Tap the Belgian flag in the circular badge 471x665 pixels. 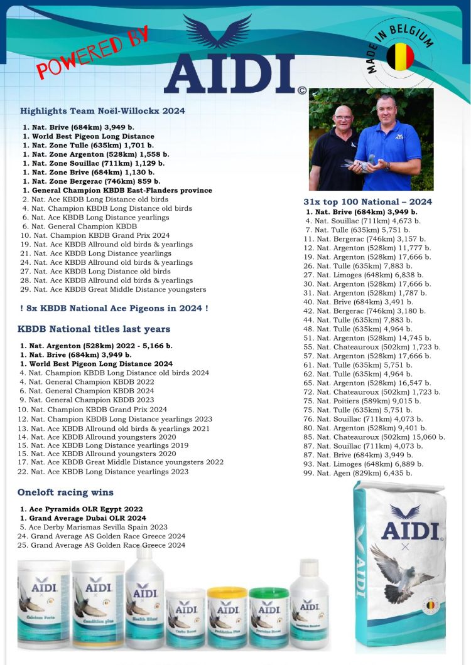click(x=400, y=57)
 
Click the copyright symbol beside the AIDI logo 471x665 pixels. click(x=302, y=90)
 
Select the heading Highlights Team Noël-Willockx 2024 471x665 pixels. click(x=102, y=111)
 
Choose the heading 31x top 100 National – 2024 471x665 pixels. click(x=367, y=201)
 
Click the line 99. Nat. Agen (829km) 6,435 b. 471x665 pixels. click(x=357, y=473)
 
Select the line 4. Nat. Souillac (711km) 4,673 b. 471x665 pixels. click(x=363, y=221)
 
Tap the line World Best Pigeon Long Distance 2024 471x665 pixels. click(x=96, y=364)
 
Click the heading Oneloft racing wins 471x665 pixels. click(x=65, y=492)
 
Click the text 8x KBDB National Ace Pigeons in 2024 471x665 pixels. click(x=114, y=308)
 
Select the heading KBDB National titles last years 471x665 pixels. click(x=94, y=329)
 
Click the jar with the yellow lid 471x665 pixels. click(x=227, y=618)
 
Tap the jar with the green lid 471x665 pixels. click(x=269, y=618)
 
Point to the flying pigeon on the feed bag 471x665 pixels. click(x=402, y=570)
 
